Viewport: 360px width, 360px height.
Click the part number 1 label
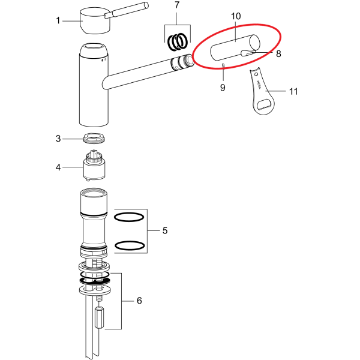58,20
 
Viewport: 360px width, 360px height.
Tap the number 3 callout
58,139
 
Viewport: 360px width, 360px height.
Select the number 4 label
58,167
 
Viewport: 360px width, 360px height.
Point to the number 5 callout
165,230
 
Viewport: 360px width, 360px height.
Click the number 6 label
139,301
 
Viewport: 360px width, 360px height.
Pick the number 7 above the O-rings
177,5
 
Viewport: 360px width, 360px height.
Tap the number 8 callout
278,54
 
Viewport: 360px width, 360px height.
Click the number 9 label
223,88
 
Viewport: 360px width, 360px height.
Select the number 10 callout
236,16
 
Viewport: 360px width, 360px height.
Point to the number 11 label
293,91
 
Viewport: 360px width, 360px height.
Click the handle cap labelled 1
95,21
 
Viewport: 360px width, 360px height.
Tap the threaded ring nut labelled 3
94,138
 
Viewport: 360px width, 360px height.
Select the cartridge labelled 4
94,166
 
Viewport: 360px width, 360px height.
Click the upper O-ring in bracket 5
129,217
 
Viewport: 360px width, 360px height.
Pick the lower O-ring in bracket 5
130,245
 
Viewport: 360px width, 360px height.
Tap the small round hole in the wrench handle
256,74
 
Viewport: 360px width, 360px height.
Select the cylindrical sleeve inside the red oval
235,47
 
